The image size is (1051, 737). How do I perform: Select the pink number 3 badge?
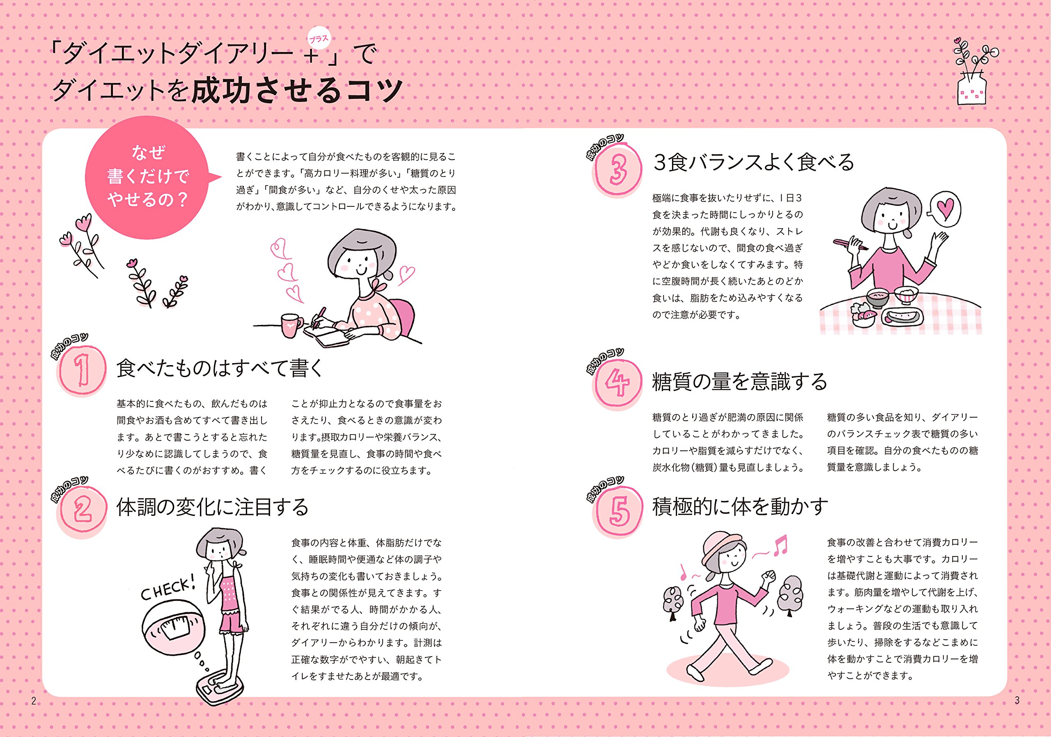[618, 170]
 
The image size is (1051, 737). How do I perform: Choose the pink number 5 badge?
[618, 511]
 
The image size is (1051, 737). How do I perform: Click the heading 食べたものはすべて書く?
[220, 368]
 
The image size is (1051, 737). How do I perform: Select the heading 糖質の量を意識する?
[740, 382]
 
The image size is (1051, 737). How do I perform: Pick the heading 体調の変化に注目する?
[212, 507]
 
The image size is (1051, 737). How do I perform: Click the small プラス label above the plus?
[319, 39]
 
